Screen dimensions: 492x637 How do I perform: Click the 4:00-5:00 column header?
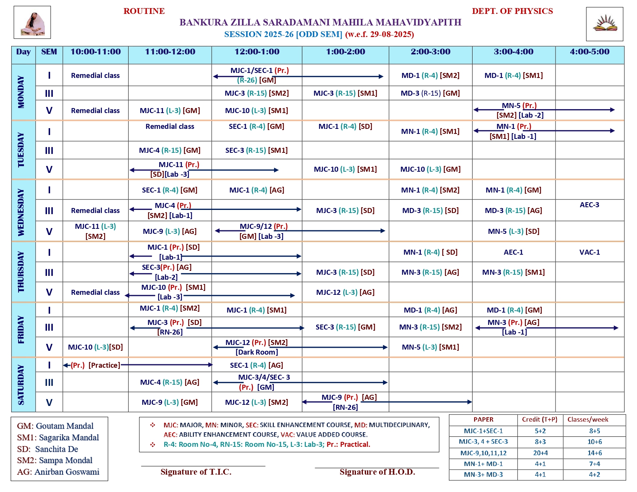point(590,52)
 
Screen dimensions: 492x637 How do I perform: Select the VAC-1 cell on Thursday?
point(590,252)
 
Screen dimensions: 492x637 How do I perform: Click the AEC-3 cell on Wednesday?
point(590,205)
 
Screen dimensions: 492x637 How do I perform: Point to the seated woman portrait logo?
point(32,23)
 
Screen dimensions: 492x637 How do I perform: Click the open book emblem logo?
point(605,24)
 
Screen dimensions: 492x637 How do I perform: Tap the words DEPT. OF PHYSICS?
point(512,11)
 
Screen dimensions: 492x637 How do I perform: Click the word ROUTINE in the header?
point(144,11)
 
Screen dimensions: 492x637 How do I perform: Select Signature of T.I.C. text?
point(196,472)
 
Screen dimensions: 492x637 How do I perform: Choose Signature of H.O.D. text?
point(377,472)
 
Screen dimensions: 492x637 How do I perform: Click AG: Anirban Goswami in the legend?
point(58,472)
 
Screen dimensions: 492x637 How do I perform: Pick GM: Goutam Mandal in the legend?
point(55,426)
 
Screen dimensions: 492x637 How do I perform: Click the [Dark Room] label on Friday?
point(257,352)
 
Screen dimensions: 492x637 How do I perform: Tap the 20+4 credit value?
point(540,453)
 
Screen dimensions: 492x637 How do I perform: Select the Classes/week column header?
point(588,420)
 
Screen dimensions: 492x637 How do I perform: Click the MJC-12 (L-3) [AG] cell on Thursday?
point(345,292)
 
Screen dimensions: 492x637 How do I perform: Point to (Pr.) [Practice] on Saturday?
point(95,365)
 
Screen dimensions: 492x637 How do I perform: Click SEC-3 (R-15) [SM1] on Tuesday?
point(256,150)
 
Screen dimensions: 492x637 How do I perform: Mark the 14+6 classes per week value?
point(595,453)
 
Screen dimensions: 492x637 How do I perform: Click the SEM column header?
point(49,52)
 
